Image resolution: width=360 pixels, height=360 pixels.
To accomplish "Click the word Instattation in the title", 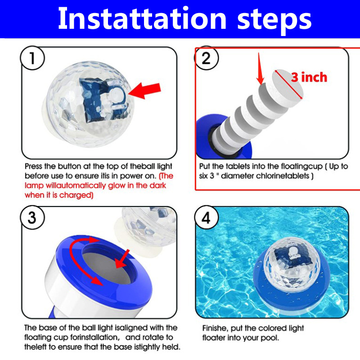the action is (x=142, y=18).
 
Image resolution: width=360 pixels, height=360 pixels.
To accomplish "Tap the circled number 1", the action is (x=32, y=58).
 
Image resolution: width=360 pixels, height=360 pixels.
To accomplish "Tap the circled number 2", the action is (x=206, y=58).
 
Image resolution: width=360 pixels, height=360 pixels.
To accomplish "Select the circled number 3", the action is (x=32, y=217).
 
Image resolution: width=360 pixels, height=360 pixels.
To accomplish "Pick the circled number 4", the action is (x=206, y=217).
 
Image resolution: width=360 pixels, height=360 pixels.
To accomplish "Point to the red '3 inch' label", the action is (x=309, y=77).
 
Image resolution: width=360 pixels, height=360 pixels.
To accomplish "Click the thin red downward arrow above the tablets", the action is (x=260, y=69).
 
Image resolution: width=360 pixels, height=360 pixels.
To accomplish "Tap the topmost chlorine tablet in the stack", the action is (x=287, y=88).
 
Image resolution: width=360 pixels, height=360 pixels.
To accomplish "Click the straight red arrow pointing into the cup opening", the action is (x=122, y=259).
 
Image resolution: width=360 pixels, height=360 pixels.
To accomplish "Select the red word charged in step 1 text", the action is (x=75, y=195).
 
